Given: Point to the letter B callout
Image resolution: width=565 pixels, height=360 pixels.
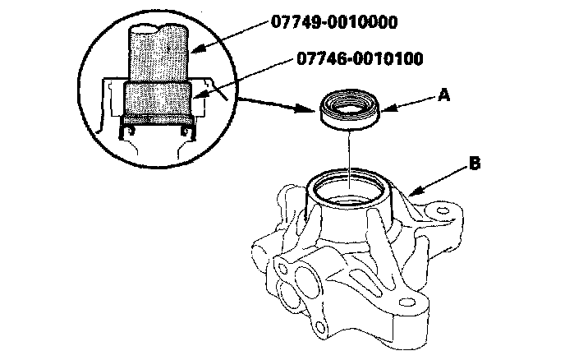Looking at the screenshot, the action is coord(474,164).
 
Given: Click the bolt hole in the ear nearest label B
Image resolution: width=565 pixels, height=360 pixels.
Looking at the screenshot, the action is coord(443,213).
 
